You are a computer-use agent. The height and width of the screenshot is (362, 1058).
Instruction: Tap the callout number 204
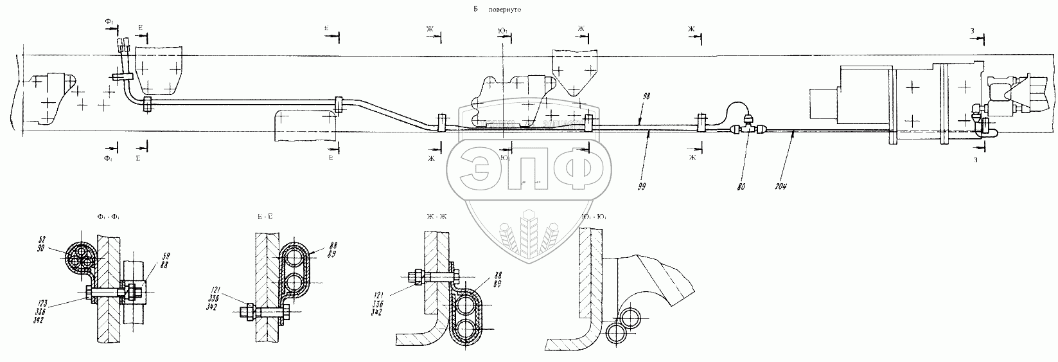coord(780,186)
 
